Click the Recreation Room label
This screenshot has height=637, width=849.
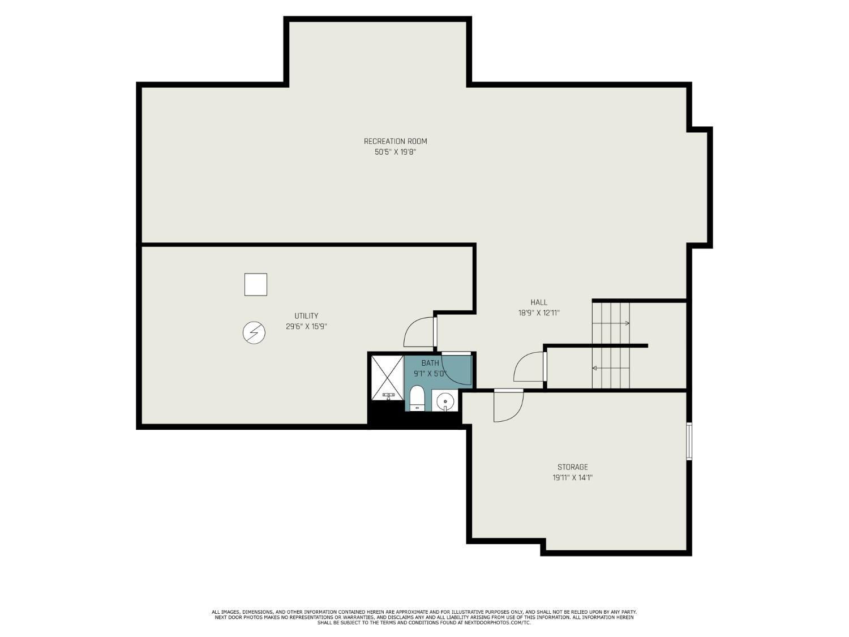[x=395, y=141]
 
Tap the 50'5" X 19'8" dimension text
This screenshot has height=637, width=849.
[x=395, y=152]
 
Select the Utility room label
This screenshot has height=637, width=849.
[x=306, y=315]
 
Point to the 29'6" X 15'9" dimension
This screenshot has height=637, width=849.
[x=306, y=327]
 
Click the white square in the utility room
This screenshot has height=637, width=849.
[x=256, y=284]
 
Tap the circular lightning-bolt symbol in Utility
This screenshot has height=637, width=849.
[x=254, y=333]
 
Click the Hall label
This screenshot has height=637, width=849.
[x=539, y=302]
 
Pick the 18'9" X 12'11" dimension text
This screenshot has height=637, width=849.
[x=539, y=313]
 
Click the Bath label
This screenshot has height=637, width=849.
[x=430, y=363]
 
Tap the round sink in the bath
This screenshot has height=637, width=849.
[x=444, y=401]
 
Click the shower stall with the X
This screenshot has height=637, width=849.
[x=387, y=378]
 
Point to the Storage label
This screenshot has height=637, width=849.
[x=572, y=467]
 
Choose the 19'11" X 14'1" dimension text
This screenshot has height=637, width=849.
[x=572, y=478]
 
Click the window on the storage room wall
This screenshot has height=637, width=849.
[x=689, y=441]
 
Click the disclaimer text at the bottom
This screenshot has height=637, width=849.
[x=424, y=617]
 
